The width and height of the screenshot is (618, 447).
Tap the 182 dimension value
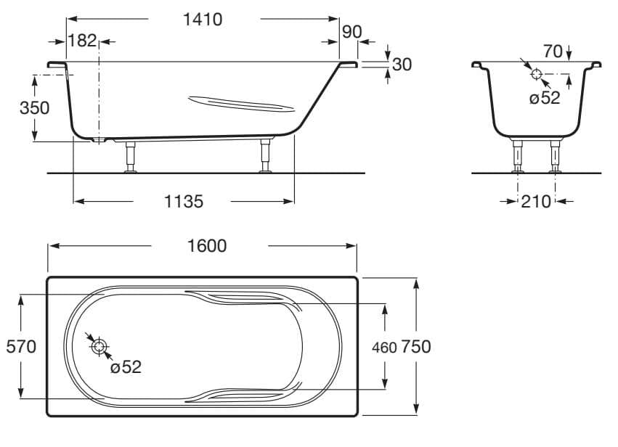coord(81,41)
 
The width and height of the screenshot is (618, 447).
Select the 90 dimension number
coord(351,33)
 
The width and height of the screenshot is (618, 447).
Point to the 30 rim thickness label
coord(402,65)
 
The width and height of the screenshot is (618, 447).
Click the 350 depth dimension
coord(34,108)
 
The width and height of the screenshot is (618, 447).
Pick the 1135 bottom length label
coord(180,202)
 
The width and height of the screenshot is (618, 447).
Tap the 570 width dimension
coord(21,347)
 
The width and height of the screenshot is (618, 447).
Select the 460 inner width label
coord(384,348)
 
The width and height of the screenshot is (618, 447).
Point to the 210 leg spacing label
coord(536,202)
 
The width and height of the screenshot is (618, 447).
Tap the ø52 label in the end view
coord(545,99)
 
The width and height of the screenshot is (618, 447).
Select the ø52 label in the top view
coord(126,368)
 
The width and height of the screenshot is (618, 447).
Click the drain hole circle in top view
coord(98,346)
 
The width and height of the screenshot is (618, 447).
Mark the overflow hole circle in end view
coord(537,74)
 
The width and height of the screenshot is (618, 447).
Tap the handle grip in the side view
coord(240,104)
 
